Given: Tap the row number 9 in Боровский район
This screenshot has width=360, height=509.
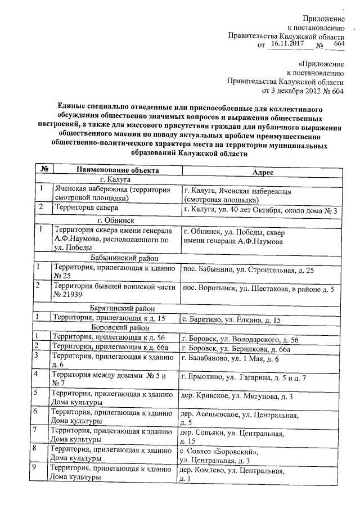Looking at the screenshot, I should point(36,467).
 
